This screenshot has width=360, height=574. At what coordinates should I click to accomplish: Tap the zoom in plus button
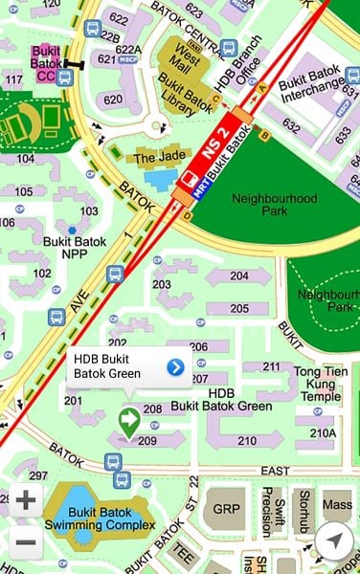(x=26, y=500)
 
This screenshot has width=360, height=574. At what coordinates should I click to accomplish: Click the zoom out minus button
(x=26, y=542)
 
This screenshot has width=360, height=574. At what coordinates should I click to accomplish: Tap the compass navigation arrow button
(x=332, y=541)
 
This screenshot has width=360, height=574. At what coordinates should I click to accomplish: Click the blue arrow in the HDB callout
(x=175, y=366)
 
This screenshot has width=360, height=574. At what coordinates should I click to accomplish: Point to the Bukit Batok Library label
(x=188, y=98)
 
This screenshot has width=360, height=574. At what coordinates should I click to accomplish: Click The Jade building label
(x=157, y=157)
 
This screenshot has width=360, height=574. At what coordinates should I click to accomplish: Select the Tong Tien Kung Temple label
(x=317, y=384)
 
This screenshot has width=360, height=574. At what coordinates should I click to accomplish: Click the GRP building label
(x=226, y=507)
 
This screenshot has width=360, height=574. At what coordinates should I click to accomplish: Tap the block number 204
(x=238, y=276)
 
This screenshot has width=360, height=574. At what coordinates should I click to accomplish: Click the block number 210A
(x=323, y=432)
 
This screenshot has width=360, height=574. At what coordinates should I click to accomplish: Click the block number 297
(x=38, y=475)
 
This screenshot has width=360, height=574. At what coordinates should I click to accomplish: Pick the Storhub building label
(x=304, y=507)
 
